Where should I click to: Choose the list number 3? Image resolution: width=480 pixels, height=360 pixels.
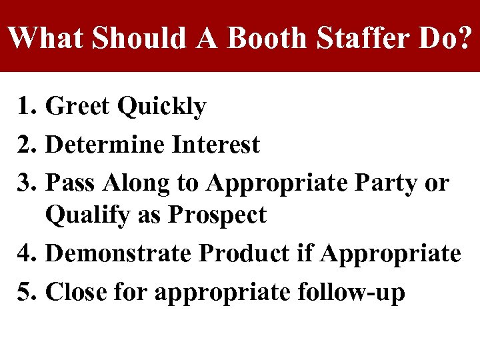pos(27,182)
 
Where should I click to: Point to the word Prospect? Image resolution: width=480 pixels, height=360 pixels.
pos(217,215)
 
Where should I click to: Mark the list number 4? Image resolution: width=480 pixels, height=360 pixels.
pos(27,254)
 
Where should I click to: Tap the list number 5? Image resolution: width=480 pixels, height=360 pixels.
pos(27,292)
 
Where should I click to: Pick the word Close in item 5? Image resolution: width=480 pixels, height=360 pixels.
pos(76,292)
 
